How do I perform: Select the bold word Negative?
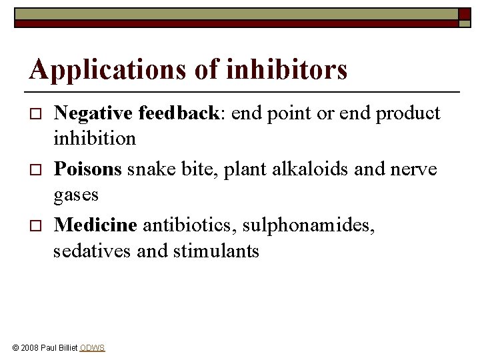pos(93,113)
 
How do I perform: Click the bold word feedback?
pos(178,113)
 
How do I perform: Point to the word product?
pos(408,114)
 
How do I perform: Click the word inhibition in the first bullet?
pos(95,139)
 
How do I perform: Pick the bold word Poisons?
pos(88,169)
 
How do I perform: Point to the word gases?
pos(76,195)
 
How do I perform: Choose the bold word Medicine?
pos(95,225)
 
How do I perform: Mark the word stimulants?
pos(216,251)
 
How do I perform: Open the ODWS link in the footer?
pos(92,348)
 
